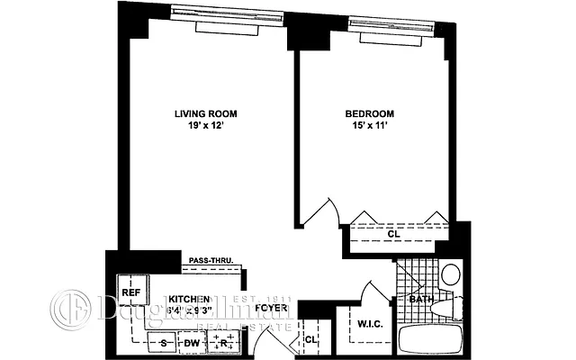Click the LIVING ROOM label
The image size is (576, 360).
click(x=205, y=113)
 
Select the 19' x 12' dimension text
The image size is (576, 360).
click(x=205, y=127)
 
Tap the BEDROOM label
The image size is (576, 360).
click(x=370, y=113)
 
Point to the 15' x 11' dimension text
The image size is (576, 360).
click(x=370, y=127)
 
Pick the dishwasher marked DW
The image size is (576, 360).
click(x=192, y=341)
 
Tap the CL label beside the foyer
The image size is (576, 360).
click(x=310, y=339)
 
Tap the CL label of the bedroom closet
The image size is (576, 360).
click(x=393, y=235)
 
